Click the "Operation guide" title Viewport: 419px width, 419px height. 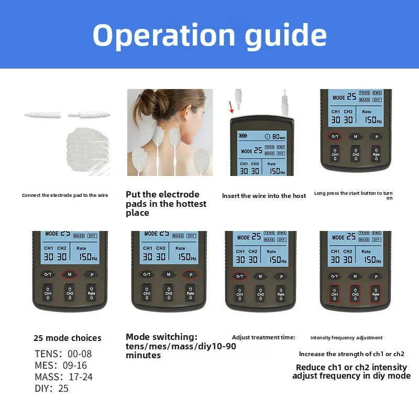pyautogui.click(x=210, y=35)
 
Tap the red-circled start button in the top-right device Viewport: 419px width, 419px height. pyautogui.click(x=335, y=136)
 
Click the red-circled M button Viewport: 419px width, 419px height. pyautogui.click(x=70, y=274)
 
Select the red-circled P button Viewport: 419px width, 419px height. pyautogui.click(x=190, y=274)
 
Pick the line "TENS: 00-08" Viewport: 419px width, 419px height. pyautogui.click(x=63, y=354)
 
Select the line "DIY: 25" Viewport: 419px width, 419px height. pyautogui.click(x=51, y=389)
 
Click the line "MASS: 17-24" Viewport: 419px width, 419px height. pyautogui.click(x=63, y=377)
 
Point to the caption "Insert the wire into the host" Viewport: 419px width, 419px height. pyautogui.click(x=264, y=196)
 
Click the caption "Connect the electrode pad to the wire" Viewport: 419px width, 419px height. pyautogui.click(x=65, y=195)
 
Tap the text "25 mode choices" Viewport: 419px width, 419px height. pyautogui.click(x=68, y=338)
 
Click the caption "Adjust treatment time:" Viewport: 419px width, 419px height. pyautogui.click(x=263, y=337)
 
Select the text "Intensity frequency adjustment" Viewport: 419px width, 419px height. pyautogui.click(x=346, y=338)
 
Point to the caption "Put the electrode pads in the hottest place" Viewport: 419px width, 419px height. pyautogui.click(x=166, y=204)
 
